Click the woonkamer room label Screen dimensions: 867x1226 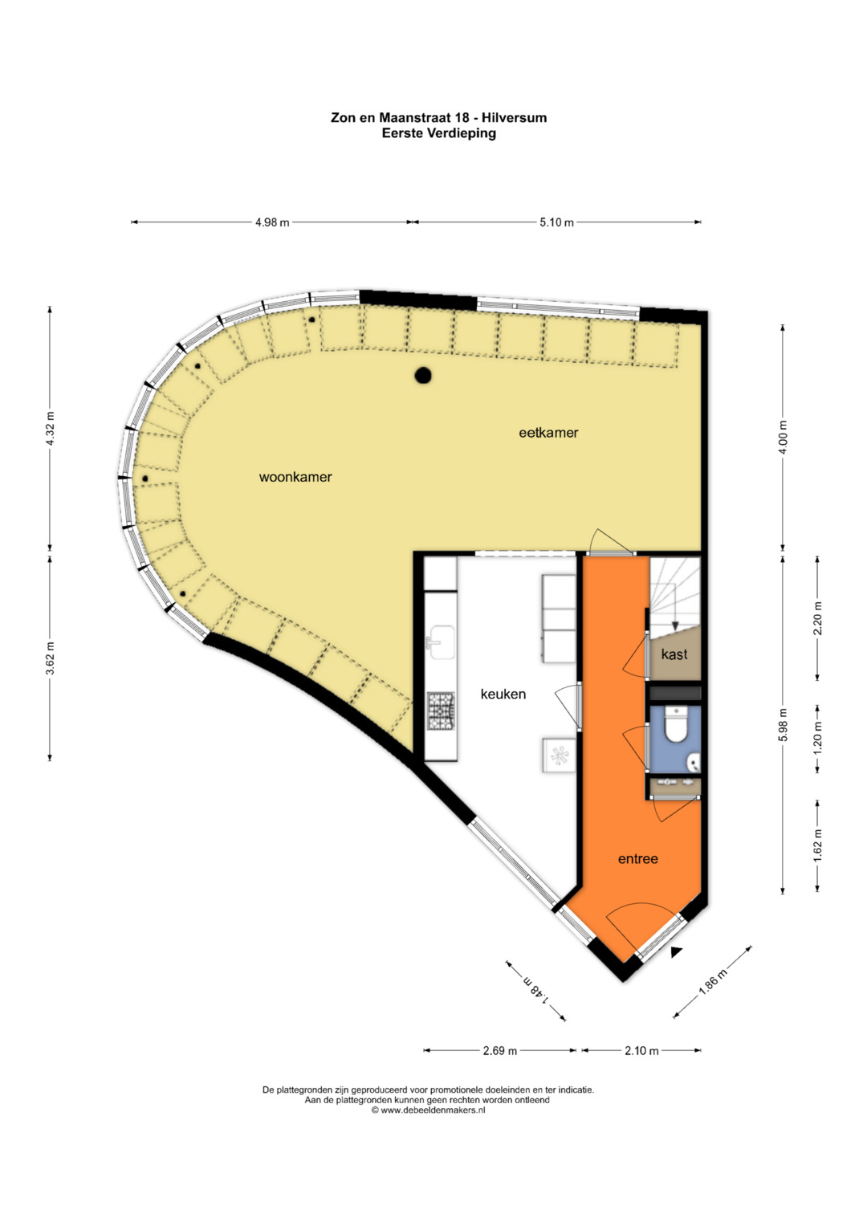coord(295,477)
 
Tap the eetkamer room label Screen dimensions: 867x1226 coord(548,433)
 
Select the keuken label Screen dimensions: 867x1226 coord(503,694)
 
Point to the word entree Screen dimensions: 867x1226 coord(637,859)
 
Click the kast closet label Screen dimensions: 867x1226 coord(674,654)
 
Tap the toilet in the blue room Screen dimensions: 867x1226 coord(674,724)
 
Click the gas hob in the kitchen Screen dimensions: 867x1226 coord(442,711)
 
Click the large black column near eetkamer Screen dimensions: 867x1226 coord(422,376)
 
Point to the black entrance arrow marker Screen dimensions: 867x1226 coord(677,952)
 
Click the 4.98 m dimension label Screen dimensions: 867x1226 coord(272,222)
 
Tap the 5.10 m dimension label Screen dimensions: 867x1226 coord(556,222)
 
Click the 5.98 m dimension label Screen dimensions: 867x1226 coord(784,725)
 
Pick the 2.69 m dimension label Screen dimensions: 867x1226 coord(499,1051)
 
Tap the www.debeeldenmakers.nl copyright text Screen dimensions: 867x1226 coord(428,1110)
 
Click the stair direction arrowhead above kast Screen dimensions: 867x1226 coord(675,627)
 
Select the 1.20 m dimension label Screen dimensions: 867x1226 coord(818,739)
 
